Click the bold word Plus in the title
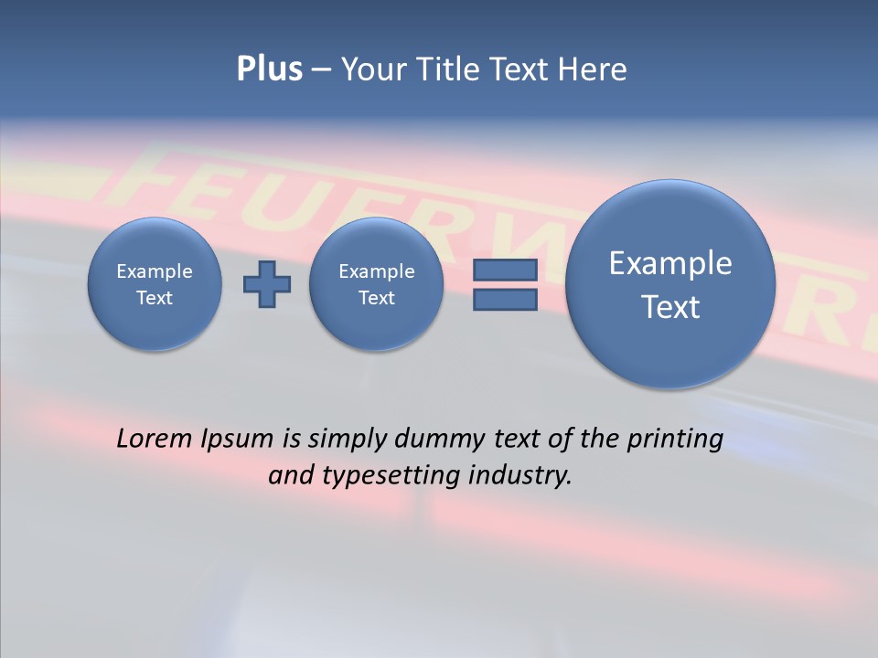pos(269,69)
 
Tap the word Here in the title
pos(592,69)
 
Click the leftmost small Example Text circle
pos(155,284)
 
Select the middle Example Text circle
pos(376,284)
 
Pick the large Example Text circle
pos(670,284)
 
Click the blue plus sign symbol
pos(267,284)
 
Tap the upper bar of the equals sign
pos(505,271)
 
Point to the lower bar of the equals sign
pos(505,300)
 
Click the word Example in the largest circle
pos(670,263)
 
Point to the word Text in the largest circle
pos(670,307)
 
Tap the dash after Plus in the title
pos(322,69)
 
